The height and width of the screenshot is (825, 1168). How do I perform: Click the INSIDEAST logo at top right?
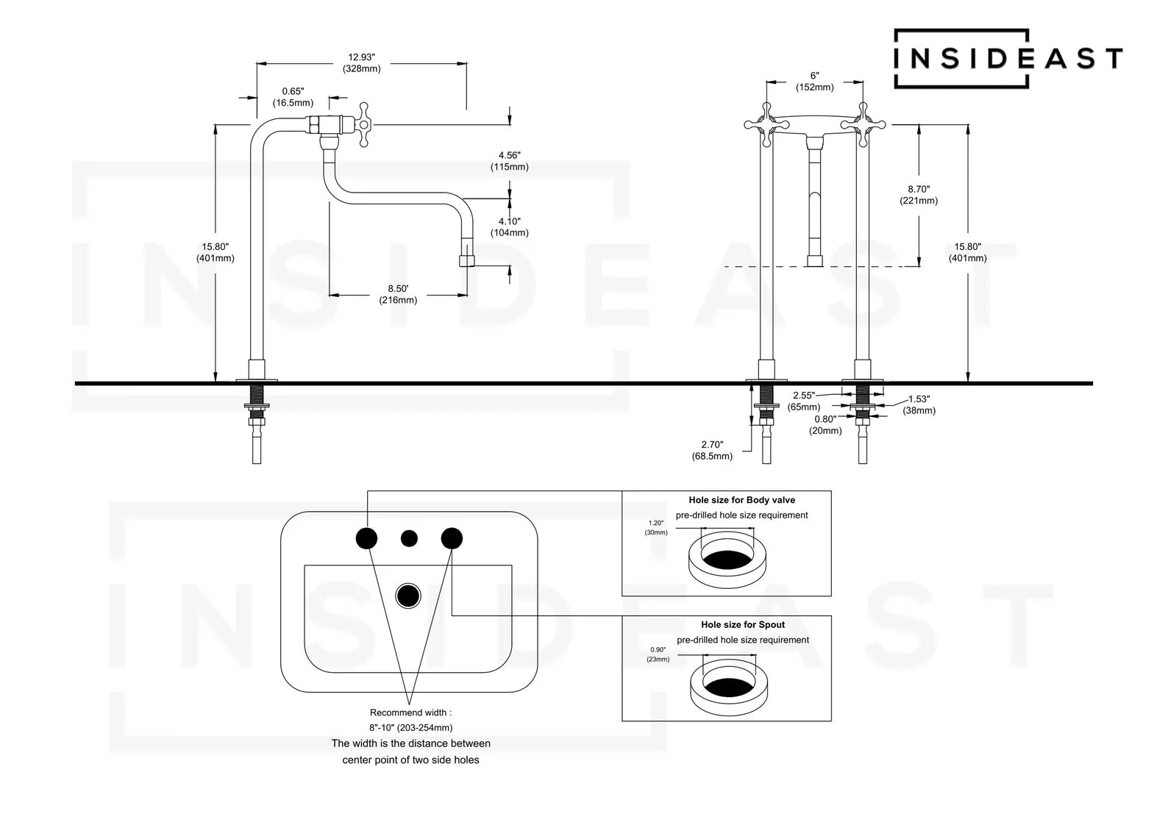click(x=1008, y=58)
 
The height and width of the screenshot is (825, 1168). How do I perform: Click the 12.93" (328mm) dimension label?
click(x=361, y=63)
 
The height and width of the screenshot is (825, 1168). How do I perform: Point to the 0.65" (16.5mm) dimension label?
click(x=293, y=97)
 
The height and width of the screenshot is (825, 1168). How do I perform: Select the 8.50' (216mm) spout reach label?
click(x=398, y=294)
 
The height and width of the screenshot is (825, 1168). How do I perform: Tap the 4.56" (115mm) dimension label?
click(x=509, y=161)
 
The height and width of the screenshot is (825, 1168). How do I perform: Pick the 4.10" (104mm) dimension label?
click(x=509, y=226)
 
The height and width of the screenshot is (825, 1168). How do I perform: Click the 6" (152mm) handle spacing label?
click(x=814, y=82)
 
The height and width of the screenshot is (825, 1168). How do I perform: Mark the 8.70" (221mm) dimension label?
click(x=919, y=195)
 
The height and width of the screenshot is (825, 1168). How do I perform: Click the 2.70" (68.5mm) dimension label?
click(x=712, y=450)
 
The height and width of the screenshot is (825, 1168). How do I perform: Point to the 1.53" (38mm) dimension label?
click(x=919, y=404)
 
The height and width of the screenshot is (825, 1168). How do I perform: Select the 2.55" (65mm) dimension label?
click(x=804, y=401)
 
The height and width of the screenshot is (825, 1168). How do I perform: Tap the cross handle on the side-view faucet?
click(x=363, y=125)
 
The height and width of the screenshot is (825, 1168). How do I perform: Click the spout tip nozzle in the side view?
click(x=466, y=260)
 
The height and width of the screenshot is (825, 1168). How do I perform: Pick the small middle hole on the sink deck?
click(x=409, y=538)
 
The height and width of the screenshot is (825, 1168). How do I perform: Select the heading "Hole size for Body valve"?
click(x=741, y=500)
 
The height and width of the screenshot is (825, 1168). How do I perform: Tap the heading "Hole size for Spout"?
click(x=742, y=625)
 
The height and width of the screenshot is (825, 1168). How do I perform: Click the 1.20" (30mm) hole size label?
click(x=657, y=527)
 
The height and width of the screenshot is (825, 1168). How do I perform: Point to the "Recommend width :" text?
click(x=410, y=712)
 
